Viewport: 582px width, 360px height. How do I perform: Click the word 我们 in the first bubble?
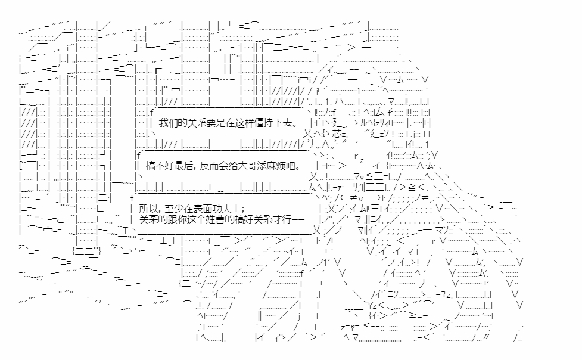pyautogui.click(x=169, y=122)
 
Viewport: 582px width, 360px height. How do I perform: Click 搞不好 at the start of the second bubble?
pyautogui.click(x=158, y=165)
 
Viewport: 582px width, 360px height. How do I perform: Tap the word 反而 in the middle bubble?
pyautogui.click(x=208, y=165)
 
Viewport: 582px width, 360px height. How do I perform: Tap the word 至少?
pyautogui.click(x=173, y=209)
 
